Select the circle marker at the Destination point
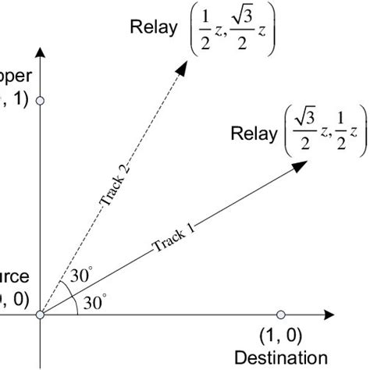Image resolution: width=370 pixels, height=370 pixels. (x=281, y=315)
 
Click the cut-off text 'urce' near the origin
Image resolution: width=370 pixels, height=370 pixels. (x=16, y=276)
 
